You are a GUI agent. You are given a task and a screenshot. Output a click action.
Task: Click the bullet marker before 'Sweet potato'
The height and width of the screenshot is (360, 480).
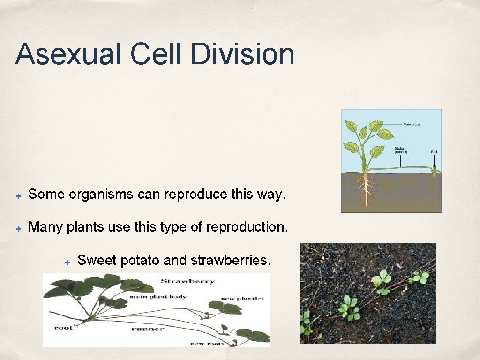(x=67, y=261)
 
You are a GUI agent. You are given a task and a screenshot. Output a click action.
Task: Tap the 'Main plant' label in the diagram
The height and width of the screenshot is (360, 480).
(x=412, y=124)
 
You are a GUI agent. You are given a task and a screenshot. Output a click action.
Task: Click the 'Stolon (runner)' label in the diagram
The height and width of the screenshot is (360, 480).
(x=400, y=150)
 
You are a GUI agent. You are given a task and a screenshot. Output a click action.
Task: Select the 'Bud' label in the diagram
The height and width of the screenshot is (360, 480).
(x=434, y=152)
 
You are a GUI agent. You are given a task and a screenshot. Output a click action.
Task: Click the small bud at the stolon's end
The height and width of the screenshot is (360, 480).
(x=435, y=172)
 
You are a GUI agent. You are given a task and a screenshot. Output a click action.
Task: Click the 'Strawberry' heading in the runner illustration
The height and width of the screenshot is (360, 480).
(x=187, y=281)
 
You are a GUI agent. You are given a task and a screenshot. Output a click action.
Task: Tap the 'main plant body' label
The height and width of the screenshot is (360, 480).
(x=157, y=297)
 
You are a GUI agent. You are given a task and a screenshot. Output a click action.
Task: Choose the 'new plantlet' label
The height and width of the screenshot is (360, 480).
(x=242, y=299)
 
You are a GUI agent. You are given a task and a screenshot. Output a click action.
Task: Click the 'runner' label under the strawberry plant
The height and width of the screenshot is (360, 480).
(x=149, y=329)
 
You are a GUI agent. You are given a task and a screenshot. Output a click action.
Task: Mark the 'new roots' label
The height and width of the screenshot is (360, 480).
(x=207, y=344)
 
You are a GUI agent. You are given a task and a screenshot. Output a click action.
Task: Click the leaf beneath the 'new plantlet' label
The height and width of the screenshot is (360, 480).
(x=225, y=308)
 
